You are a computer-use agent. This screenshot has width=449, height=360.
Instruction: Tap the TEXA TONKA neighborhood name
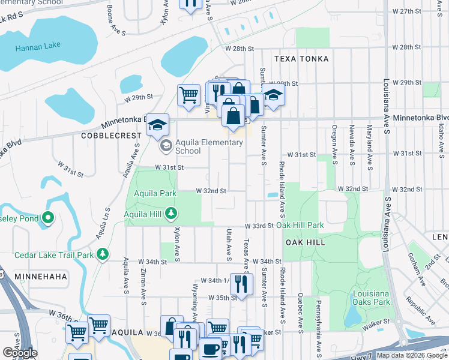click(x=301, y=59)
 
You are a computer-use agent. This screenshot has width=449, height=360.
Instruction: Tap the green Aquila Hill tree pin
click(x=172, y=213)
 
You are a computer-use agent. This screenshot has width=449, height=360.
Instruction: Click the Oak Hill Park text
click(x=300, y=226)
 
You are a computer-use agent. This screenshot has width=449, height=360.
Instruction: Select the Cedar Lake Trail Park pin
click(x=103, y=254)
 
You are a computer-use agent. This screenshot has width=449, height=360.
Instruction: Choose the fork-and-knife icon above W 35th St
click(x=242, y=283)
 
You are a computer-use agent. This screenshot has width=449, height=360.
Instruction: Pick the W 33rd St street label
click(x=259, y=226)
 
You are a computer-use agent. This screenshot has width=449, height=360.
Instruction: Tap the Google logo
click(x=20, y=353)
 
